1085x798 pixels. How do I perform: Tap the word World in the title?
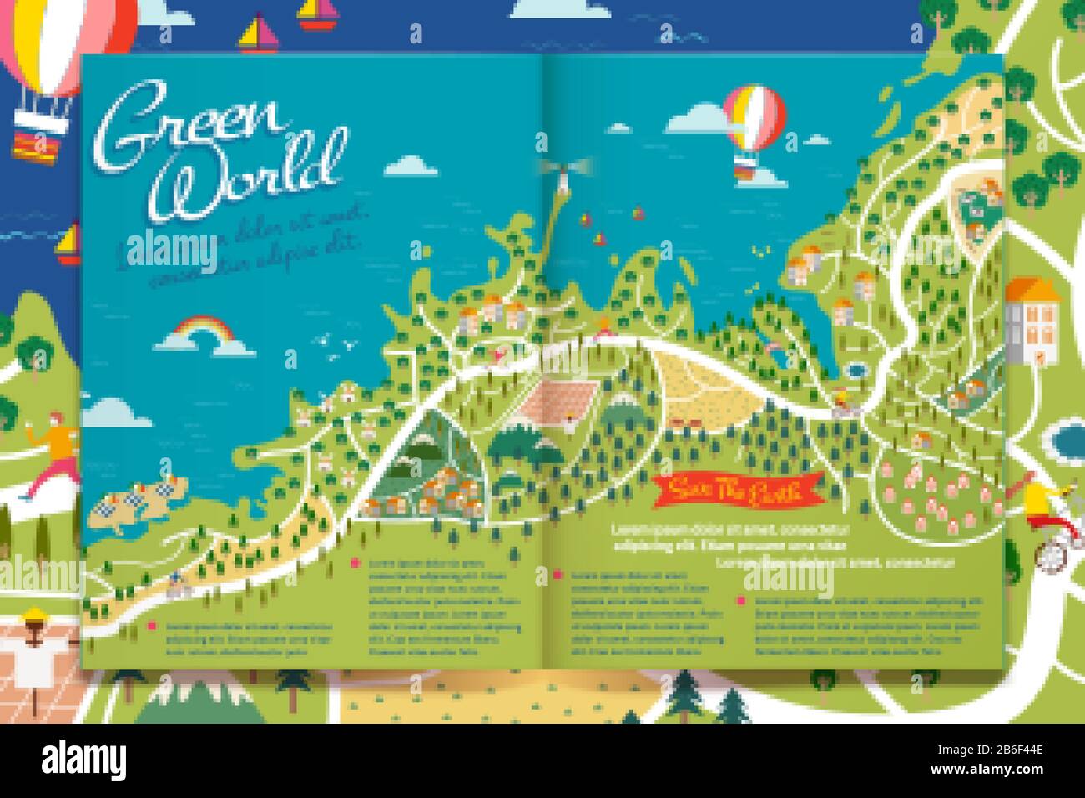pos(250,176)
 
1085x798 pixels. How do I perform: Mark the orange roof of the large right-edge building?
pos(1032,291)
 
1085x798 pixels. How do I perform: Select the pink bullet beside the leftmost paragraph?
pos(152,624)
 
